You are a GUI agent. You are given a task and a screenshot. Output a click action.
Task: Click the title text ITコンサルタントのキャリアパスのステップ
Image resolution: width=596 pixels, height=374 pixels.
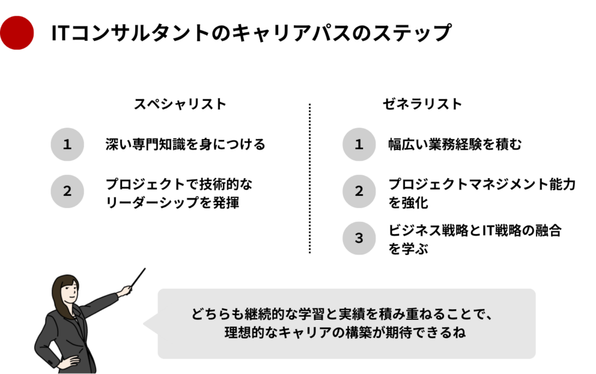click(251, 33)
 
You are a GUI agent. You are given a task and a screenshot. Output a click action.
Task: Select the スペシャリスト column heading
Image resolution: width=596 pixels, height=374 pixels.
click(180, 104)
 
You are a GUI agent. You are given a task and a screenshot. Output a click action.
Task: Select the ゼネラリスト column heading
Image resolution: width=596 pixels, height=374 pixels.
click(423, 104)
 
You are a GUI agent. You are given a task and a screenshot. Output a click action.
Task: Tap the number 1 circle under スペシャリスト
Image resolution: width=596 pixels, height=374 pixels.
click(68, 144)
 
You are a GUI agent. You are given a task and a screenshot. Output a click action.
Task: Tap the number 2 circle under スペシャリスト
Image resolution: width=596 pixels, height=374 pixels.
click(68, 191)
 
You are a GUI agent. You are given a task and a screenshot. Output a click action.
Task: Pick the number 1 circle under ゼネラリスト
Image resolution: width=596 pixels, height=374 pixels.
click(359, 144)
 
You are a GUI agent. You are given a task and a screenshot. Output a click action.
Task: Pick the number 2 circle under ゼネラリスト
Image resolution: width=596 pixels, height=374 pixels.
click(359, 191)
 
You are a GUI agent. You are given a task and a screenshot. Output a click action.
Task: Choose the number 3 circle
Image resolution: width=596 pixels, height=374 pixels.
click(359, 238)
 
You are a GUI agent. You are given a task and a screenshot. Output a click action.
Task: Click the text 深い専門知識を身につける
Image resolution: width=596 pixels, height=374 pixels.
click(186, 144)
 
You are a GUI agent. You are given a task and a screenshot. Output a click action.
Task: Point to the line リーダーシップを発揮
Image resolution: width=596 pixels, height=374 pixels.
click(172, 204)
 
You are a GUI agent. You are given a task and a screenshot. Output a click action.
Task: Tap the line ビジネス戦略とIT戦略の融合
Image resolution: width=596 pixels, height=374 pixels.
click(475, 230)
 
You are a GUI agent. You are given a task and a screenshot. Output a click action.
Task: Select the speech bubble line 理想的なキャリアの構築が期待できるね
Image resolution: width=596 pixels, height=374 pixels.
click(346, 334)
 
